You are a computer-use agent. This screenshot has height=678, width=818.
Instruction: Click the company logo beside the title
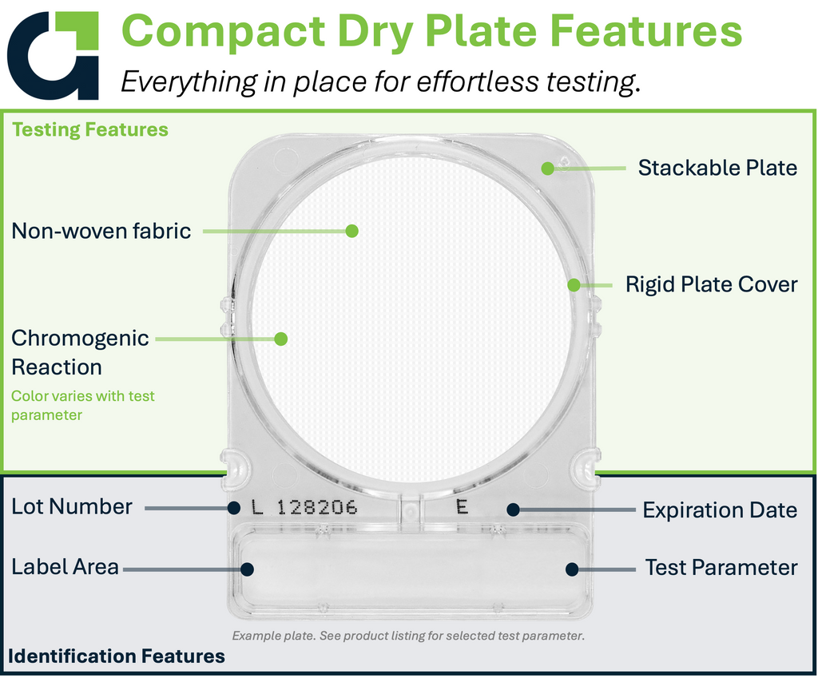[52, 55]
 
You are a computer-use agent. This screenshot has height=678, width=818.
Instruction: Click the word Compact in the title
[224, 32]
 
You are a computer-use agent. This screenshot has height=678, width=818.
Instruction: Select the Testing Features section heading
[90, 129]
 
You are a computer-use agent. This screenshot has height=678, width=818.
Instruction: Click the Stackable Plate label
[717, 168]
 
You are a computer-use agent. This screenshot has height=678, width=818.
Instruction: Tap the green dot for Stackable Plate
[547, 168]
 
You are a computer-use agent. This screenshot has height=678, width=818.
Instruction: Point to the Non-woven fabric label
[101, 231]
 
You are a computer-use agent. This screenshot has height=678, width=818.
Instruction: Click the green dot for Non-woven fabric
[352, 231]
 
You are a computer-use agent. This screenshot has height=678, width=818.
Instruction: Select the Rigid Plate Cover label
[712, 285]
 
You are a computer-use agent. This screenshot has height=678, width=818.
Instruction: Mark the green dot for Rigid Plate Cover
[574, 285]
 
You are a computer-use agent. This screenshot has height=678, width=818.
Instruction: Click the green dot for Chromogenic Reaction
[280, 339]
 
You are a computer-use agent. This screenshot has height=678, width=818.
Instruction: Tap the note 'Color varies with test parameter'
[83, 405]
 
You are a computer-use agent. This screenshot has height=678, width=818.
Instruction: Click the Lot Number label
[72, 507]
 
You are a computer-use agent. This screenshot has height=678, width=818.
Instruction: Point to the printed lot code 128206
[317, 507]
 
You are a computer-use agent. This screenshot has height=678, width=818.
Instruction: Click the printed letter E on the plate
[462, 506]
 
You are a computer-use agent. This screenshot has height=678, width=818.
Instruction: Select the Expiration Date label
[720, 510]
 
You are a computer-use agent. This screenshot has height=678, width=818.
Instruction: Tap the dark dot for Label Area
[248, 569]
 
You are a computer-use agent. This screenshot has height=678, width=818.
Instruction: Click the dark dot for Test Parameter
[572, 569]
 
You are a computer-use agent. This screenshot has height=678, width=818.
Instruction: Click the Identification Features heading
[117, 656]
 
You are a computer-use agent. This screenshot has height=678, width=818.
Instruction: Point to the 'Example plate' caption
[408, 636]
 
